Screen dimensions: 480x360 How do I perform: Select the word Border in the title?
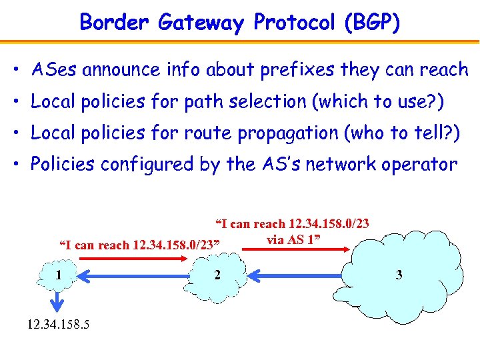115,23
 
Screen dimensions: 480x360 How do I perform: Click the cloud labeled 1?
59,275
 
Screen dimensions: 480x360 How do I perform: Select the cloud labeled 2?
217,275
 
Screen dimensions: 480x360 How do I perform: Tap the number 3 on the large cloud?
399,275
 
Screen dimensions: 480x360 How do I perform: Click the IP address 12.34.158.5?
59,325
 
